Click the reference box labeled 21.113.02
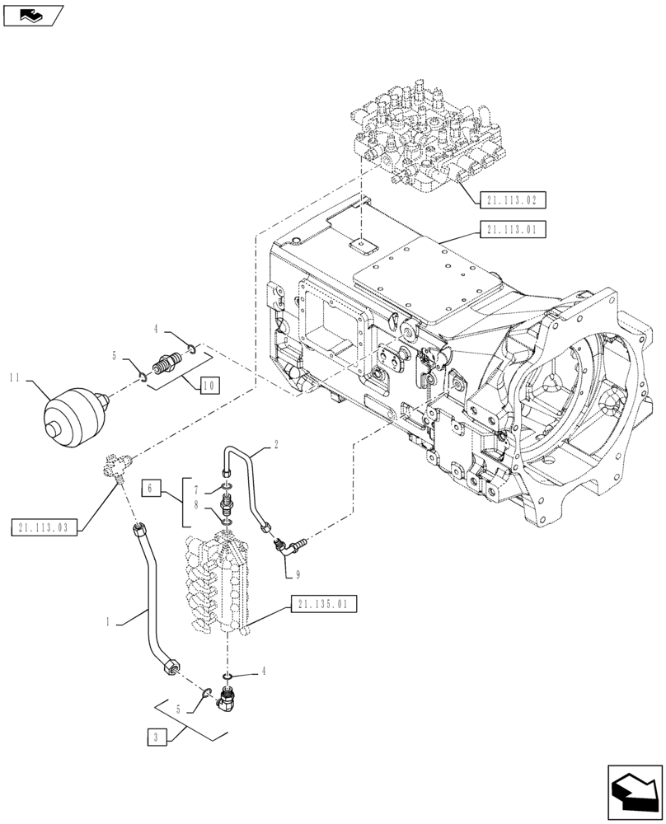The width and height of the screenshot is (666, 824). click(512, 199)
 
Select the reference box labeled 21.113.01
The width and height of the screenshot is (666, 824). click(512, 230)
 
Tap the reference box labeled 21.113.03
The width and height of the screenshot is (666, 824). click(45, 527)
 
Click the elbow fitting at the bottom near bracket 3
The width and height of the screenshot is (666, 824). click(227, 703)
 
